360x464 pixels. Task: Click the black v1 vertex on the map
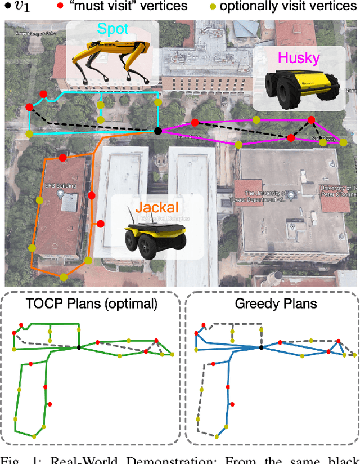(x=158, y=131)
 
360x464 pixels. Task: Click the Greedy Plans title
(x=269, y=303)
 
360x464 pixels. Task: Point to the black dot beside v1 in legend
(x=8, y=7)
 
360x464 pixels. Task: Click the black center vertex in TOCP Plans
(x=79, y=347)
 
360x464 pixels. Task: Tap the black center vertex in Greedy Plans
(x=262, y=347)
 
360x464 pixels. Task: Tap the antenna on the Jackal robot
(x=132, y=214)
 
